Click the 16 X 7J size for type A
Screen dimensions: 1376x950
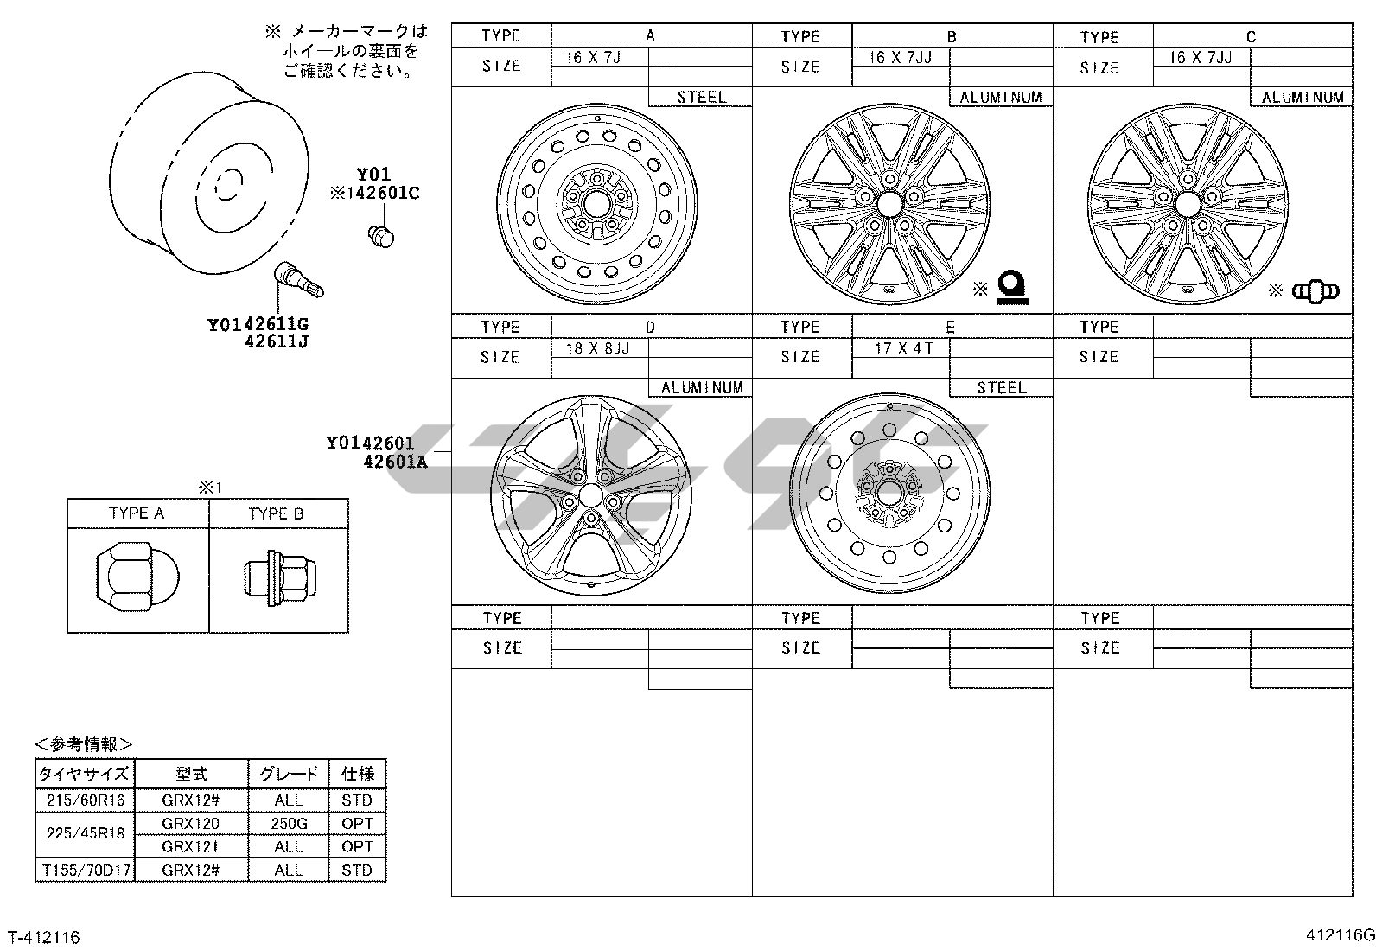[x=593, y=57]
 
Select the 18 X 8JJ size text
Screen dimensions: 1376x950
[x=597, y=348]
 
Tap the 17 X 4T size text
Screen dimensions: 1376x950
[x=903, y=348]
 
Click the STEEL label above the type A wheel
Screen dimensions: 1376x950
[x=702, y=97]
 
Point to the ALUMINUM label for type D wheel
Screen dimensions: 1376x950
[x=702, y=388]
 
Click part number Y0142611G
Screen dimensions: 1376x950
[x=258, y=324]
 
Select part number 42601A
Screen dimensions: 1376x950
[x=395, y=462]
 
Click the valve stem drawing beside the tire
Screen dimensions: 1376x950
[x=298, y=279]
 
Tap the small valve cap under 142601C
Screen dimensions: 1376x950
[x=381, y=237]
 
